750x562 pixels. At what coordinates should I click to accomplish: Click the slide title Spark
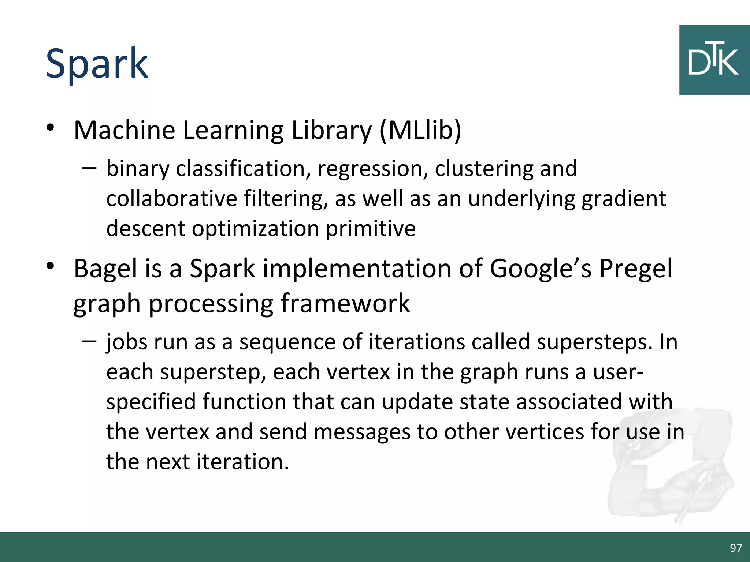pyautogui.click(x=97, y=64)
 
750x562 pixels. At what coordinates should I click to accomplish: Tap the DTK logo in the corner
pyautogui.click(x=714, y=60)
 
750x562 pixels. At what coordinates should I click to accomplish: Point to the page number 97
pyautogui.click(x=735, y=548)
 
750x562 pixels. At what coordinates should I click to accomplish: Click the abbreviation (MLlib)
pyautogui.click(x=420, y=130)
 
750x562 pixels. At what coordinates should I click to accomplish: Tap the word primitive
pyautogui.click(x=371, y=229)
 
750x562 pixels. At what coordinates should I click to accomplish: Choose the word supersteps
pyautogui.click(x=594, y=342)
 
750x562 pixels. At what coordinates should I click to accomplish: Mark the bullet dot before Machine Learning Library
pyautogui.click(x=50, y=128)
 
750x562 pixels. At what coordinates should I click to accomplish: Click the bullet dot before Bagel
pyautogui.click(x=50, y=266)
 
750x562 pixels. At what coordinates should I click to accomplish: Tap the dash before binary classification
pyautogui.click(x=89, y=168)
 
